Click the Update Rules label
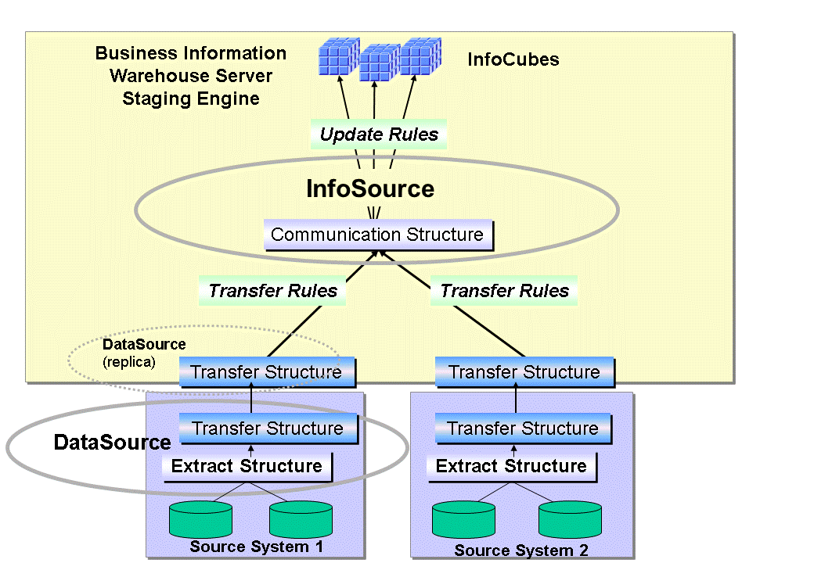(379, 134)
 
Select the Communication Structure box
(377, 235)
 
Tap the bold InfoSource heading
(370, 189)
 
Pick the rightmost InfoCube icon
(420, 56)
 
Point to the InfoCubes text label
(513, 59)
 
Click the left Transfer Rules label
(272, 291)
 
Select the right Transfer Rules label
(504, 291)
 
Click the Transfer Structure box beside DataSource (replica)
(266, 372)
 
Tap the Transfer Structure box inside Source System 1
(268, 429)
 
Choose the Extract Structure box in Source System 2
(510, 466)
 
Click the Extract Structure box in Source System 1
(247, 466)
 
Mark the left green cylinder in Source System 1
(201, 518)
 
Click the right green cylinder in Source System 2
(571, 519)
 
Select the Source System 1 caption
(256, 547)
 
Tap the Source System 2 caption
(520, 550)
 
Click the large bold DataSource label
(112, 443)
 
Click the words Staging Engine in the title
(190, 99)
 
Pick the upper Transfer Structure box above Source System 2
(524, 372)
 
